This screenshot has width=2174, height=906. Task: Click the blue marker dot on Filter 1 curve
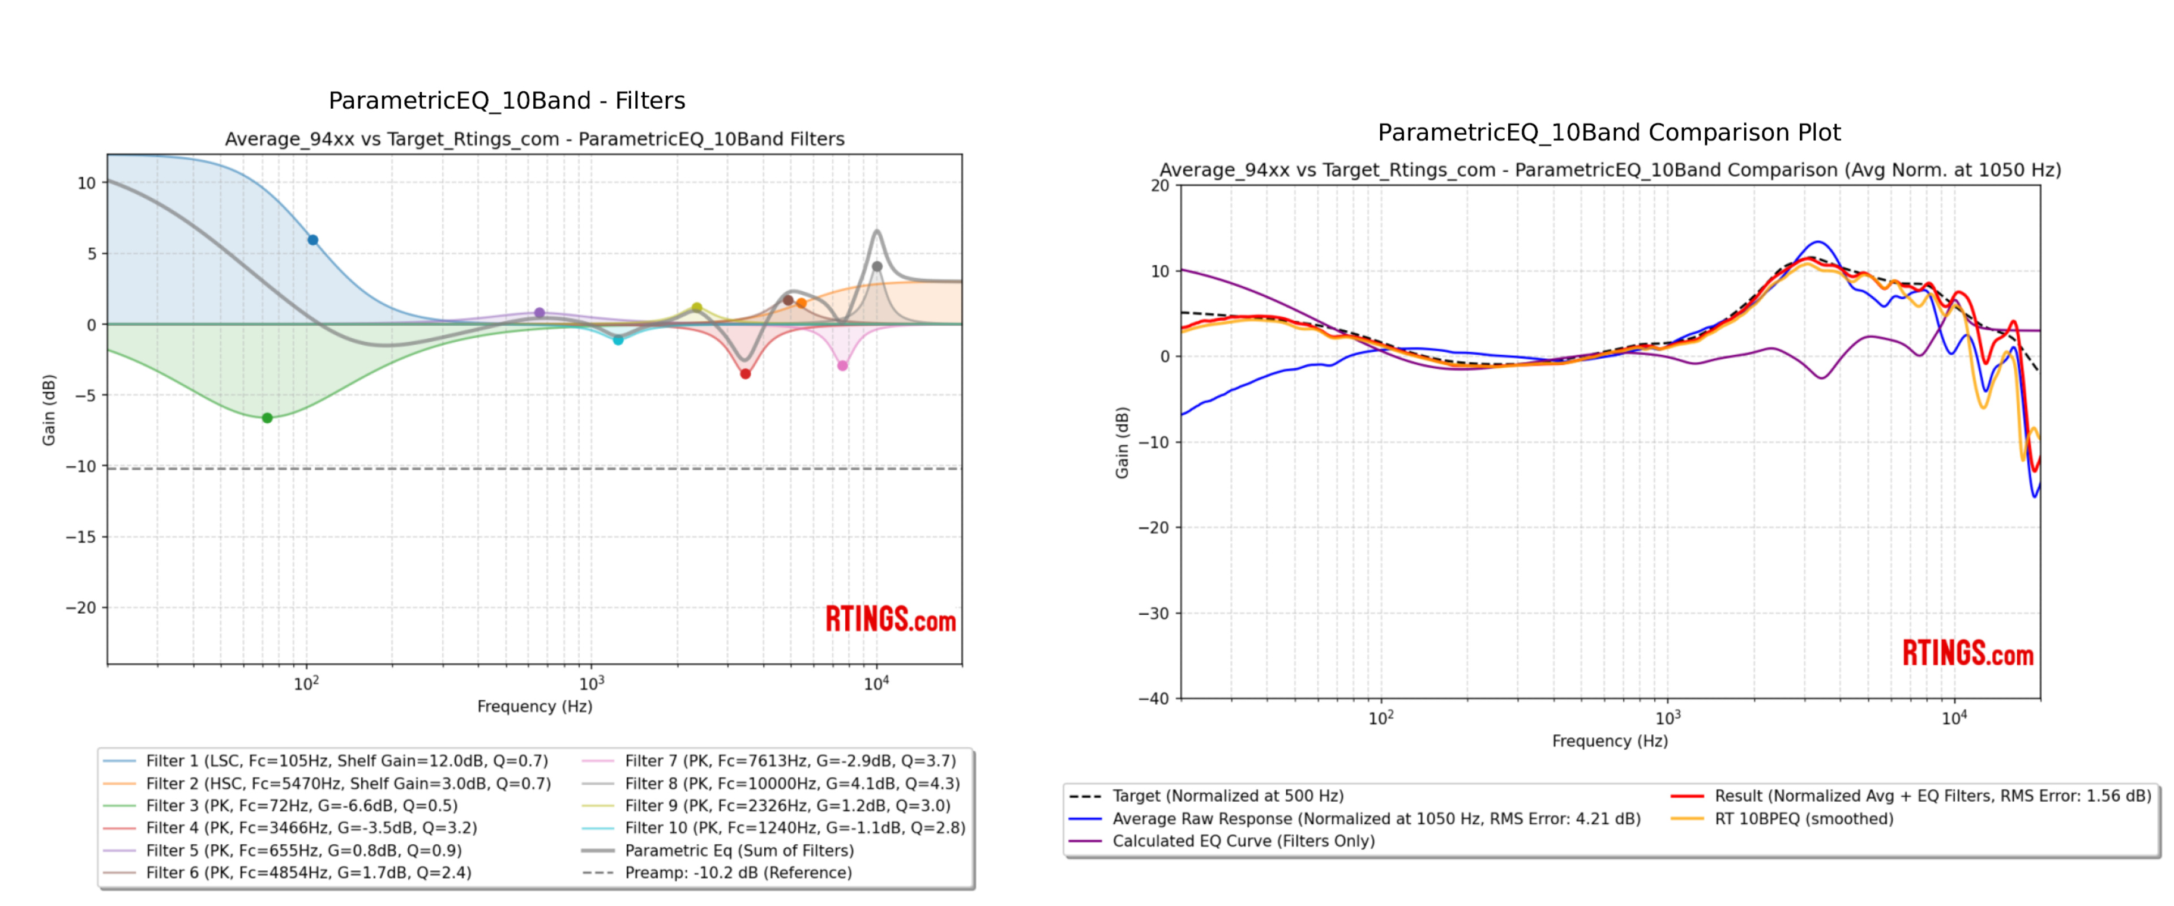[313, 240]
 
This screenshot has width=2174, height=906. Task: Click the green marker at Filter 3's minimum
[267, 418]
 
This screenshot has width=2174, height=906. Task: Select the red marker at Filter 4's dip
[745, 374]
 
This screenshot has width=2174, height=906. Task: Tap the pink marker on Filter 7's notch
[842, 365]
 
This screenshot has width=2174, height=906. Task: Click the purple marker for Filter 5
[540, 312]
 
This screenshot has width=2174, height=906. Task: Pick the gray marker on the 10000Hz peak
[877, 267]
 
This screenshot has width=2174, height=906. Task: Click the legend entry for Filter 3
[301, 806]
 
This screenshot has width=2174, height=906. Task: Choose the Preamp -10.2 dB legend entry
[738, 872]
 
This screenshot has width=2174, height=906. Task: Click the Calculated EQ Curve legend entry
[1242, 841]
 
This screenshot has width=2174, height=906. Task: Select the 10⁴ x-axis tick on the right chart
[1954, 718]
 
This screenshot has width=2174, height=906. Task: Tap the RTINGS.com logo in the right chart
[1967, 653]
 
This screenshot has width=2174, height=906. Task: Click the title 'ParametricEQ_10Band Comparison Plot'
[1608, 133]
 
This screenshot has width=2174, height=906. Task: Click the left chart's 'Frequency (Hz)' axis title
[534, 706]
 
